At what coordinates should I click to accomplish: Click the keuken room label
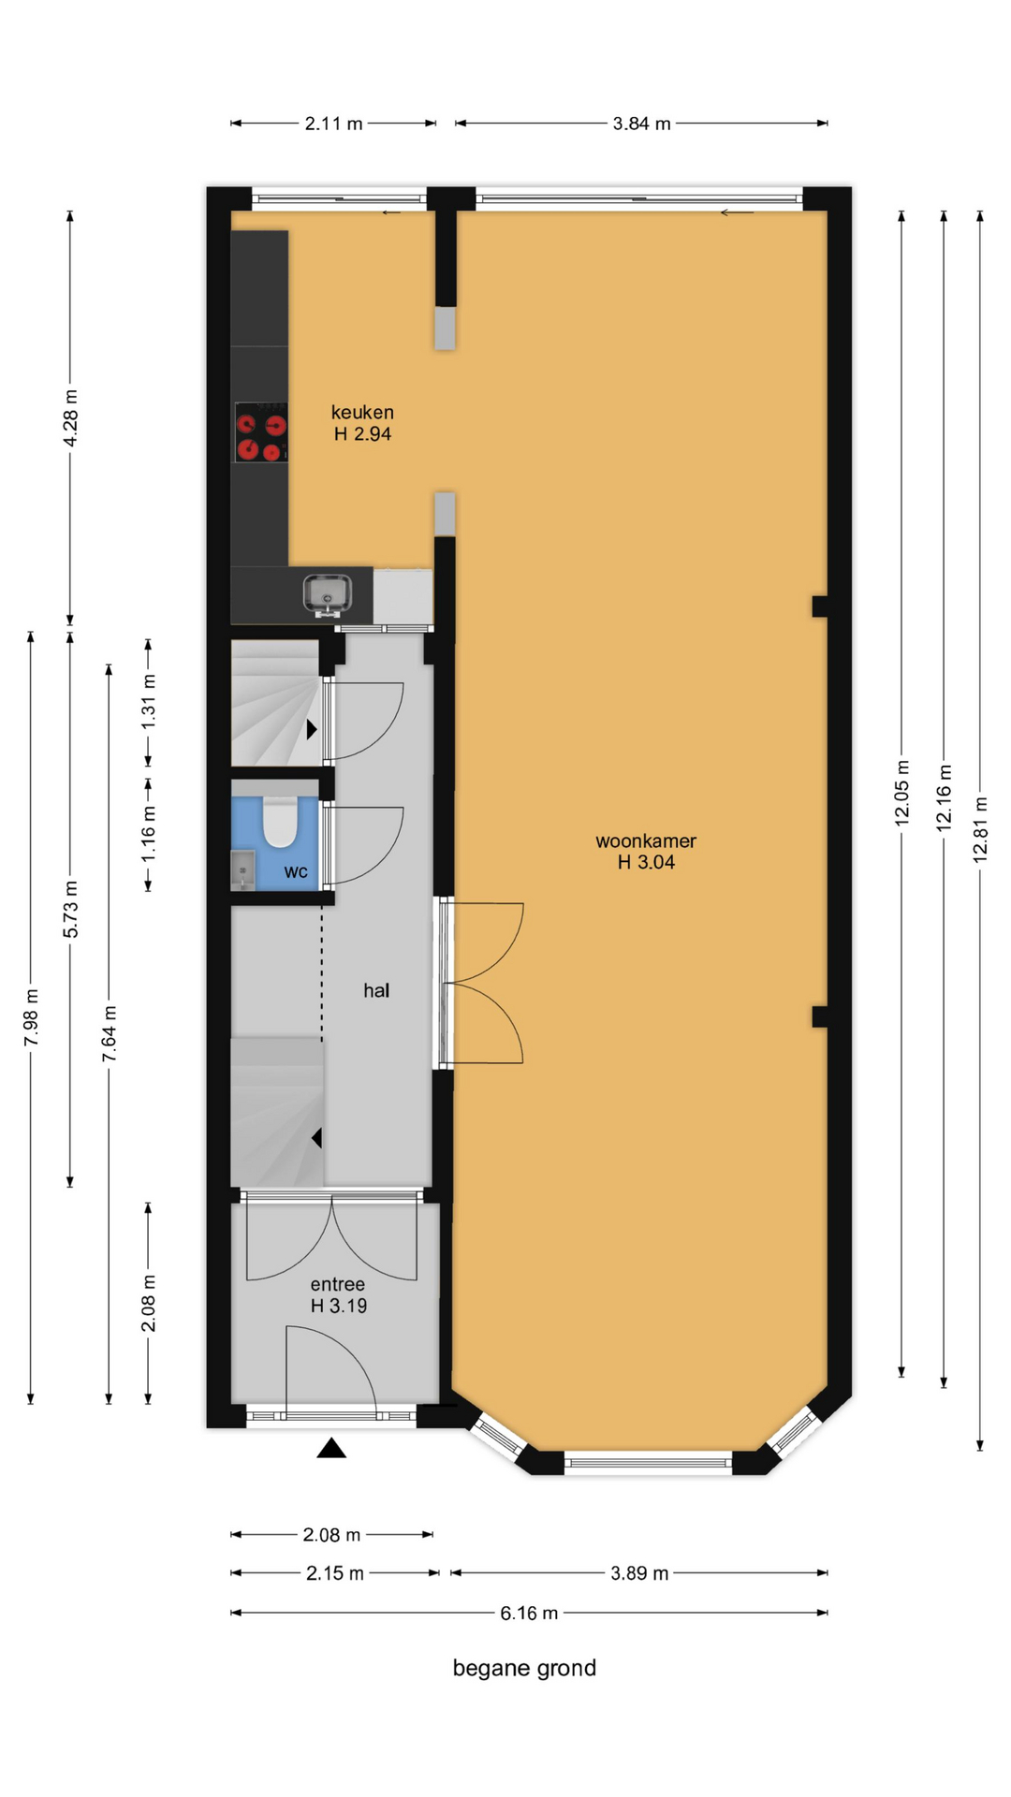362,412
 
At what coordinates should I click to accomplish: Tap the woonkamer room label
646,840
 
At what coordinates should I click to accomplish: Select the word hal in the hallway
376,990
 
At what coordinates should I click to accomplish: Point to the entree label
338,1284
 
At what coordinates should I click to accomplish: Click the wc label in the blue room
296,872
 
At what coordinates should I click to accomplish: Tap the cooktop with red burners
261,432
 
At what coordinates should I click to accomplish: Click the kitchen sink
328,595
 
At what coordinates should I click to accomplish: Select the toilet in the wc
279,821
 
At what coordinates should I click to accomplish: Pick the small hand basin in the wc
242,870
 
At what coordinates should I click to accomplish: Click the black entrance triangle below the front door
331,1448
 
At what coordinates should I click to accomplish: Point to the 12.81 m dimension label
980,829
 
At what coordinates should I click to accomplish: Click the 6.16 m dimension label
529,1613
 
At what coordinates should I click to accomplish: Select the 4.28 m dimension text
70,417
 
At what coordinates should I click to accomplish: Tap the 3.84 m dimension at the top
641,124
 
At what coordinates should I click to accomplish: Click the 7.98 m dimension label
31,1017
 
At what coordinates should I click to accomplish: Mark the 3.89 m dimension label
639,1573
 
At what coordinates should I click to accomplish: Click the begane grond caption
524,1668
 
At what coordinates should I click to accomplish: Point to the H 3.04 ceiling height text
646,862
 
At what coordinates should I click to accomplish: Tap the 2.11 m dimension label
333,124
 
